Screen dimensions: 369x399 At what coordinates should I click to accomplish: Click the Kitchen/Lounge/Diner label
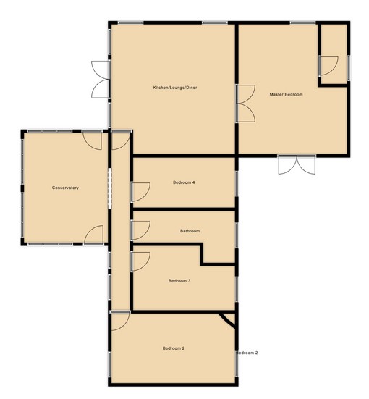pos(175,88)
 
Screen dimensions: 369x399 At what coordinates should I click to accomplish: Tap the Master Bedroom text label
pos(286,94)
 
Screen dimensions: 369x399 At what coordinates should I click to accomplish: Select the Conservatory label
pos(65,188)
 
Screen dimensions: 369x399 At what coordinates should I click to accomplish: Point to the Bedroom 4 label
pos(184,182)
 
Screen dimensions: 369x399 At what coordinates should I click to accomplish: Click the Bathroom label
pos(190,231)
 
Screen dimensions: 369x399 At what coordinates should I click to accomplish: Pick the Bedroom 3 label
pos(179,281)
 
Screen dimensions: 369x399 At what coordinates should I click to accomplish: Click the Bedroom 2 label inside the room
pos(174,348)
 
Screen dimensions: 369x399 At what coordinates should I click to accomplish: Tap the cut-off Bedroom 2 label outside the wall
pos(247,353)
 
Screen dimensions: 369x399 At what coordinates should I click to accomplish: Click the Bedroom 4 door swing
pos(140,192)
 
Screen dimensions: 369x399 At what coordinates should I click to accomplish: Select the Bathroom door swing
pos(140,230)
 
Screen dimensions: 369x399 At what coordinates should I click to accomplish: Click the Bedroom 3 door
pos(140,261)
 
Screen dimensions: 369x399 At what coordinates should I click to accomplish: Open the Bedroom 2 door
pos(120,321)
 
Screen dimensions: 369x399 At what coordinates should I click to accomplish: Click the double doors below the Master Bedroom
pos(297,165)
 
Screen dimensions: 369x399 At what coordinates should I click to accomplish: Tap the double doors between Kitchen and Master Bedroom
pos(246,104)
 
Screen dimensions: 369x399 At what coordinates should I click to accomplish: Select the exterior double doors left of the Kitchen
pos(101,79)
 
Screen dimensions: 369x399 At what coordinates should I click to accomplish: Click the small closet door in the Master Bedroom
pos(328,66)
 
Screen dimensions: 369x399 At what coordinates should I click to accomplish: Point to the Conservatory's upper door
pos(93,140)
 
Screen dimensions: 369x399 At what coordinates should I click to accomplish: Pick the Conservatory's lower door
pos(93,235)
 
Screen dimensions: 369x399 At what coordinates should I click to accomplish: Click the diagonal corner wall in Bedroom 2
pos(228,320)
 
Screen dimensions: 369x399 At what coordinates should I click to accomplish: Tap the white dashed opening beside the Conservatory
pos(110,188)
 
